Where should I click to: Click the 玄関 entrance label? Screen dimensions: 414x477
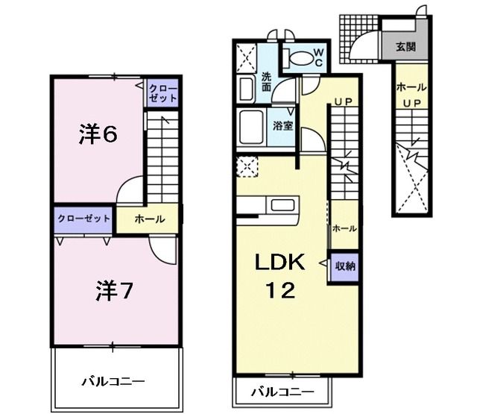405,46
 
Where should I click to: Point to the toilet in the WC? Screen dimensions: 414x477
301,57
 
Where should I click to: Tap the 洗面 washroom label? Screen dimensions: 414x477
267,81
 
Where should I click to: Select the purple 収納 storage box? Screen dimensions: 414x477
344,265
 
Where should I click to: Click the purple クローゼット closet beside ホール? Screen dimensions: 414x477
82,219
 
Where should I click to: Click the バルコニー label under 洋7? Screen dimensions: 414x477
113,381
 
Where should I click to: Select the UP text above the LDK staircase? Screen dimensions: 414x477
342,101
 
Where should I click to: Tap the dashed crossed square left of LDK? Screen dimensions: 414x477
245,166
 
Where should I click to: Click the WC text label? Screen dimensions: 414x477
317,57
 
